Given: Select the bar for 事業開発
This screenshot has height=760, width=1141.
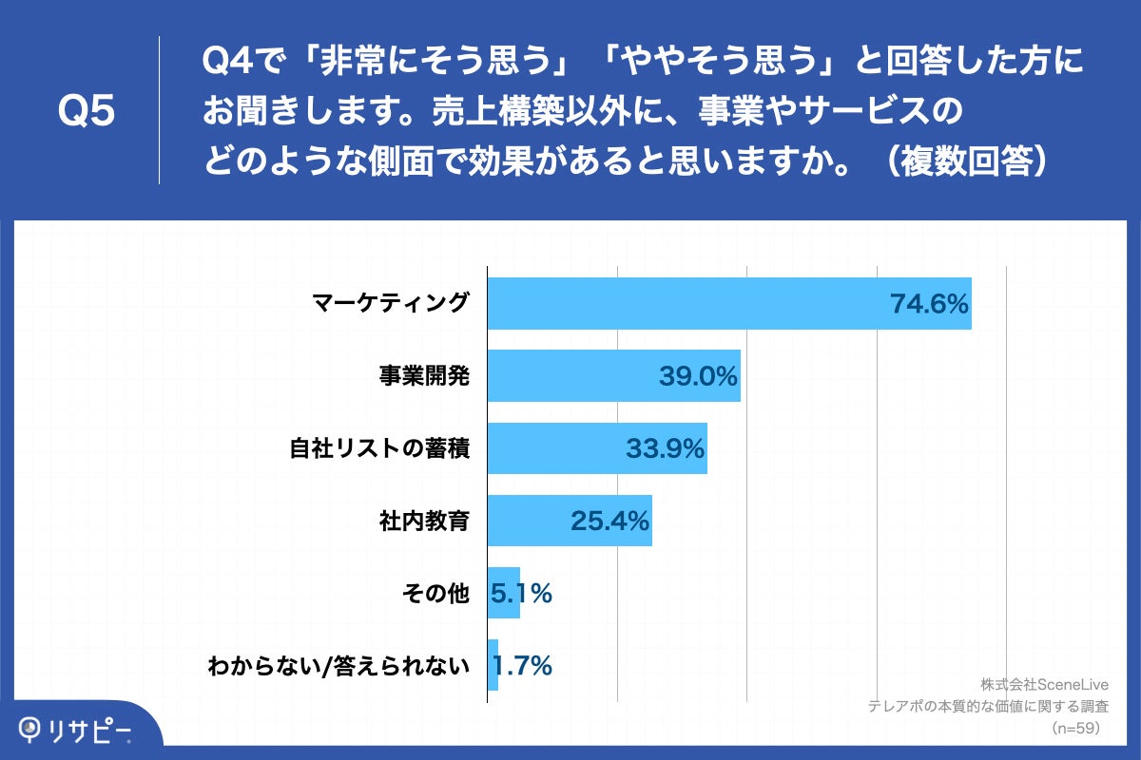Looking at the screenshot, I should pyautogui.click(x=570, y=376).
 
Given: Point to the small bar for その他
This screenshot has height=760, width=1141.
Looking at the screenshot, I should pyautogui.click(x=503, y=593).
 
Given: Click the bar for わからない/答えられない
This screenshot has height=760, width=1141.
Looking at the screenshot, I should pyautogui.click(x=493, y=665).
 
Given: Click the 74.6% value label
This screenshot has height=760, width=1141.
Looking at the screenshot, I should pyautogui.click(x=928, y=304).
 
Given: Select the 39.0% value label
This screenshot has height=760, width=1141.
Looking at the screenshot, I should pyautogui.click(x=698, y=376).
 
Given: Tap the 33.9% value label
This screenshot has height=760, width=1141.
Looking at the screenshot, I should pyautogui.click(x=665, y=448).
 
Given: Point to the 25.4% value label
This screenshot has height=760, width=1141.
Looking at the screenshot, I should pyautogui.click(x=609, y=521).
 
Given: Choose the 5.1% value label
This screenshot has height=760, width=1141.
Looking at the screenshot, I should pyautogui.click(x=521, y=594).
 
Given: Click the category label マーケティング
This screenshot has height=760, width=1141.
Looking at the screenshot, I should pyautogui.click(x=391, y=303).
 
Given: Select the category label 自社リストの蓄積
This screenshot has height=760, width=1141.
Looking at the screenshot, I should pyautogui.click(x=379, y=447).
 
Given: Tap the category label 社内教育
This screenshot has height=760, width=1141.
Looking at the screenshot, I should pyautogui.click(x=424, y=521).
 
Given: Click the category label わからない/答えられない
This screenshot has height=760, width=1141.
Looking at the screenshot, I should pyautogui.click(x=339, y=666).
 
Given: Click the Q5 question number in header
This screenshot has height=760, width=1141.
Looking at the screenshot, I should pyautogui.click(x=87, y=111).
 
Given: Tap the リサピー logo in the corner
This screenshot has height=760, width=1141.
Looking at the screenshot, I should pyautogui.click(x=76, y=730).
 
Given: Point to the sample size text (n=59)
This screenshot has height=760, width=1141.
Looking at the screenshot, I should pyautogui.click(x=1074, y=728).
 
